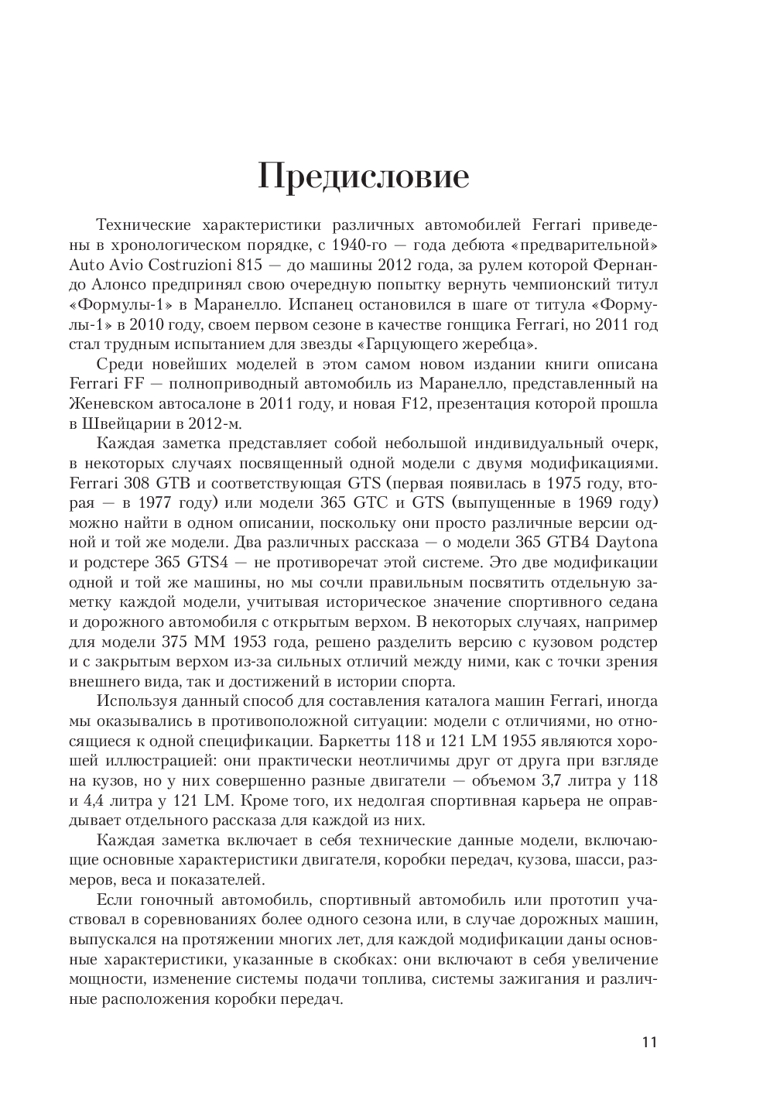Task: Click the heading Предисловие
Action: (363, 176)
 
